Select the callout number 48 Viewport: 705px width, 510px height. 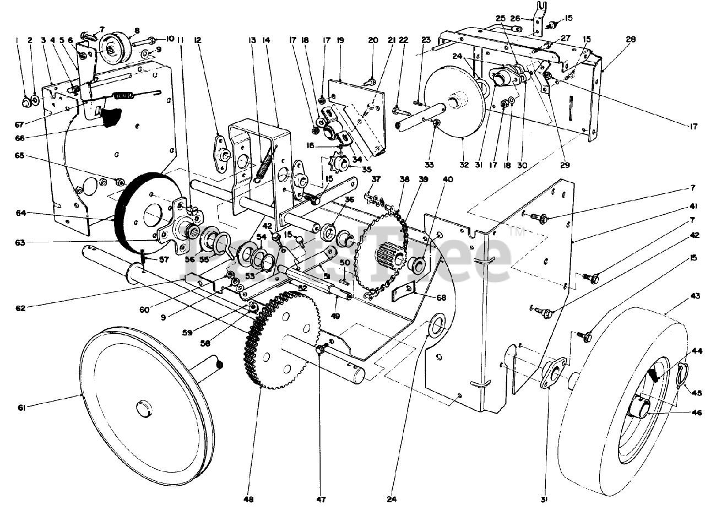pos(250,500)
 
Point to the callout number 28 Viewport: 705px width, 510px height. pos(631,39)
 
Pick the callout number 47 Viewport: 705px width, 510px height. pos(321,500)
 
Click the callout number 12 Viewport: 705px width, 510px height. pos(197,39)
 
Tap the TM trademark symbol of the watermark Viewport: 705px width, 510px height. pos(517,234)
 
